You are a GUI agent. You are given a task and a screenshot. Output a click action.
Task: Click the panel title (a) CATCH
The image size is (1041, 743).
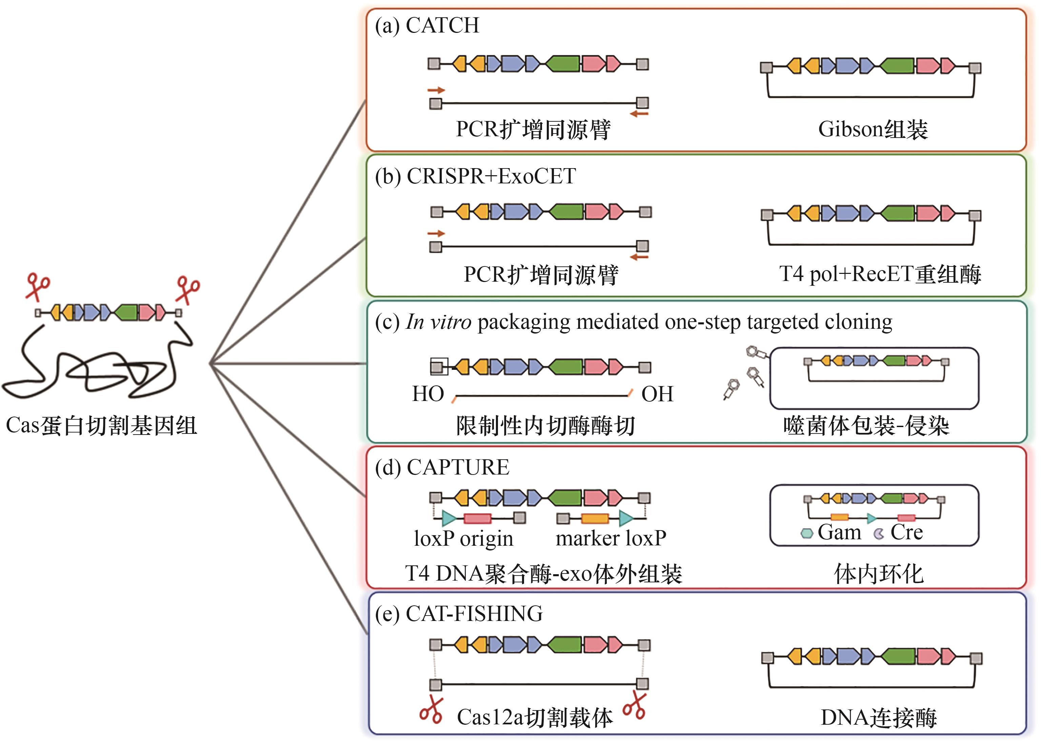pos(426,26)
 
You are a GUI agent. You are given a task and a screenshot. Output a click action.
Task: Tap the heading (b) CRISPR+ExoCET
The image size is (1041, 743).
pos(475,177)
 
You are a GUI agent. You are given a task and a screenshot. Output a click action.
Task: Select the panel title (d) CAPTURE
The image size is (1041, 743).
pos(442,467)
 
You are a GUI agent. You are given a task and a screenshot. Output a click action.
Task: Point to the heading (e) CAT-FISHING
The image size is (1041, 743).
pos(459,614)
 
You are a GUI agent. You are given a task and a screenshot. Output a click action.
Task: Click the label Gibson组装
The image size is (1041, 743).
pos(873,129)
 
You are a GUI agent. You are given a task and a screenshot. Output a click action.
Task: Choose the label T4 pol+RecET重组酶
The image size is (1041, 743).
pos(879,275)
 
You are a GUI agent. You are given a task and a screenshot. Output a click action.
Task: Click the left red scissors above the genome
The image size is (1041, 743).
pos(38,286)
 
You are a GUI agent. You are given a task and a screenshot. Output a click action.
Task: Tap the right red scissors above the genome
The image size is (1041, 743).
pos(187,289)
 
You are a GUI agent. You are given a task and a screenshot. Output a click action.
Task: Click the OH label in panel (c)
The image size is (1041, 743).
pos(657,394)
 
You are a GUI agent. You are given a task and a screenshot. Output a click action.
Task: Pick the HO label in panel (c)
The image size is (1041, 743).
pos(428,394)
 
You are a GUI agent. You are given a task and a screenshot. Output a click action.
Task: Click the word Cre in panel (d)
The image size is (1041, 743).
pos(906,532)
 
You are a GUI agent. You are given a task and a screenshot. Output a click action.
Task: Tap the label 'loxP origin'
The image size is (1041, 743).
pos(463,539)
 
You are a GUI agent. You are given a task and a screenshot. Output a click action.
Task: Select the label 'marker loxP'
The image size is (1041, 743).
pos(611,539)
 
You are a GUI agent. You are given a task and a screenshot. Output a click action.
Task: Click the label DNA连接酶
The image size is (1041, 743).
pos(879,717)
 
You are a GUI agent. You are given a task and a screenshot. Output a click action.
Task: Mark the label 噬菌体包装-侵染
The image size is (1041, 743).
pos(866,426)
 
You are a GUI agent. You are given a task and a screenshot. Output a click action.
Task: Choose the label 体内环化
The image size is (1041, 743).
pos(879,574)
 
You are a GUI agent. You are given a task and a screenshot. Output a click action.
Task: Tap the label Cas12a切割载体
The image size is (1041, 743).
pos(535,717)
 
